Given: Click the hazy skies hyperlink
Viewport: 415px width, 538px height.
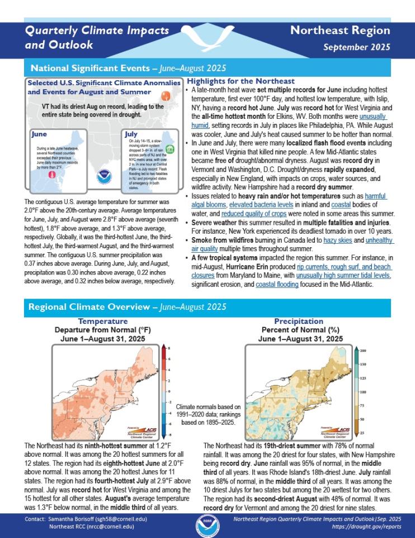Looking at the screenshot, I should (338, 240).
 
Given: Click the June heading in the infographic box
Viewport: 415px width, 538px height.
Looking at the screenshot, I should (39, 134).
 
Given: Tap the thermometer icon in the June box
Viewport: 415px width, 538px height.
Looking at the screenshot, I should (51, 175).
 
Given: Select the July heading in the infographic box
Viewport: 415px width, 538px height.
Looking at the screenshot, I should (132, 134).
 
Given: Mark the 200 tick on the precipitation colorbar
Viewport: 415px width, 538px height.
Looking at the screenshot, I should (362, 351).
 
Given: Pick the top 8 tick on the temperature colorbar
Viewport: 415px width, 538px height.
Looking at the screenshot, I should (169, 348).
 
